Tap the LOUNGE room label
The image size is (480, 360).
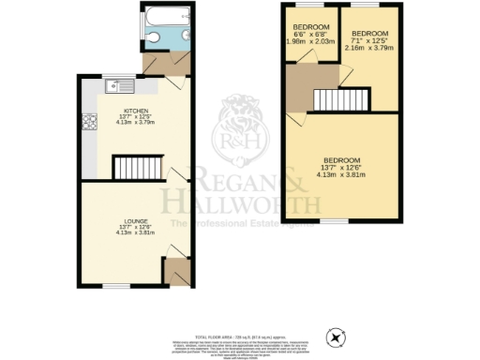click(132, 221)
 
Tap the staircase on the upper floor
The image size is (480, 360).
click(343, 98)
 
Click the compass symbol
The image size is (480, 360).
click(336, 336)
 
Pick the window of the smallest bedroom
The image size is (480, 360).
click(306, 7)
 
